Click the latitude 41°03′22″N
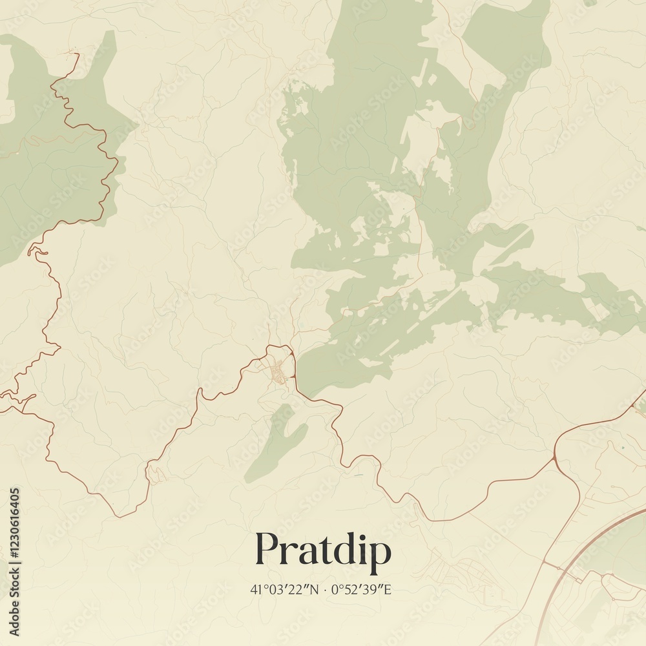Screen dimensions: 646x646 point(284,589)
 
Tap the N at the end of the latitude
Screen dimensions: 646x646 point(315,589)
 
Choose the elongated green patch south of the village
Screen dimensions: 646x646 point(278,443)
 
